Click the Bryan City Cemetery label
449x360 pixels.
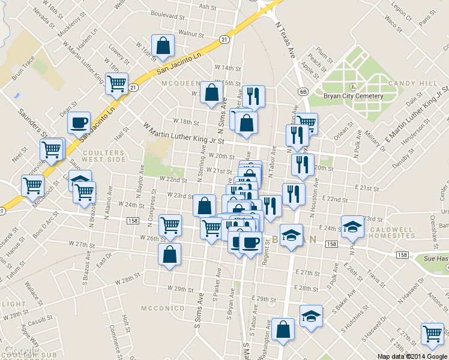[354, 96]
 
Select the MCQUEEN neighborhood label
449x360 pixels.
[180, 83]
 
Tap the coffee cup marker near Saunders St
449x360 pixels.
[79, 124]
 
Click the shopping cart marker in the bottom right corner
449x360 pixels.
[432, 334]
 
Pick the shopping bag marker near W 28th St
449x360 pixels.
[169, 254]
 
